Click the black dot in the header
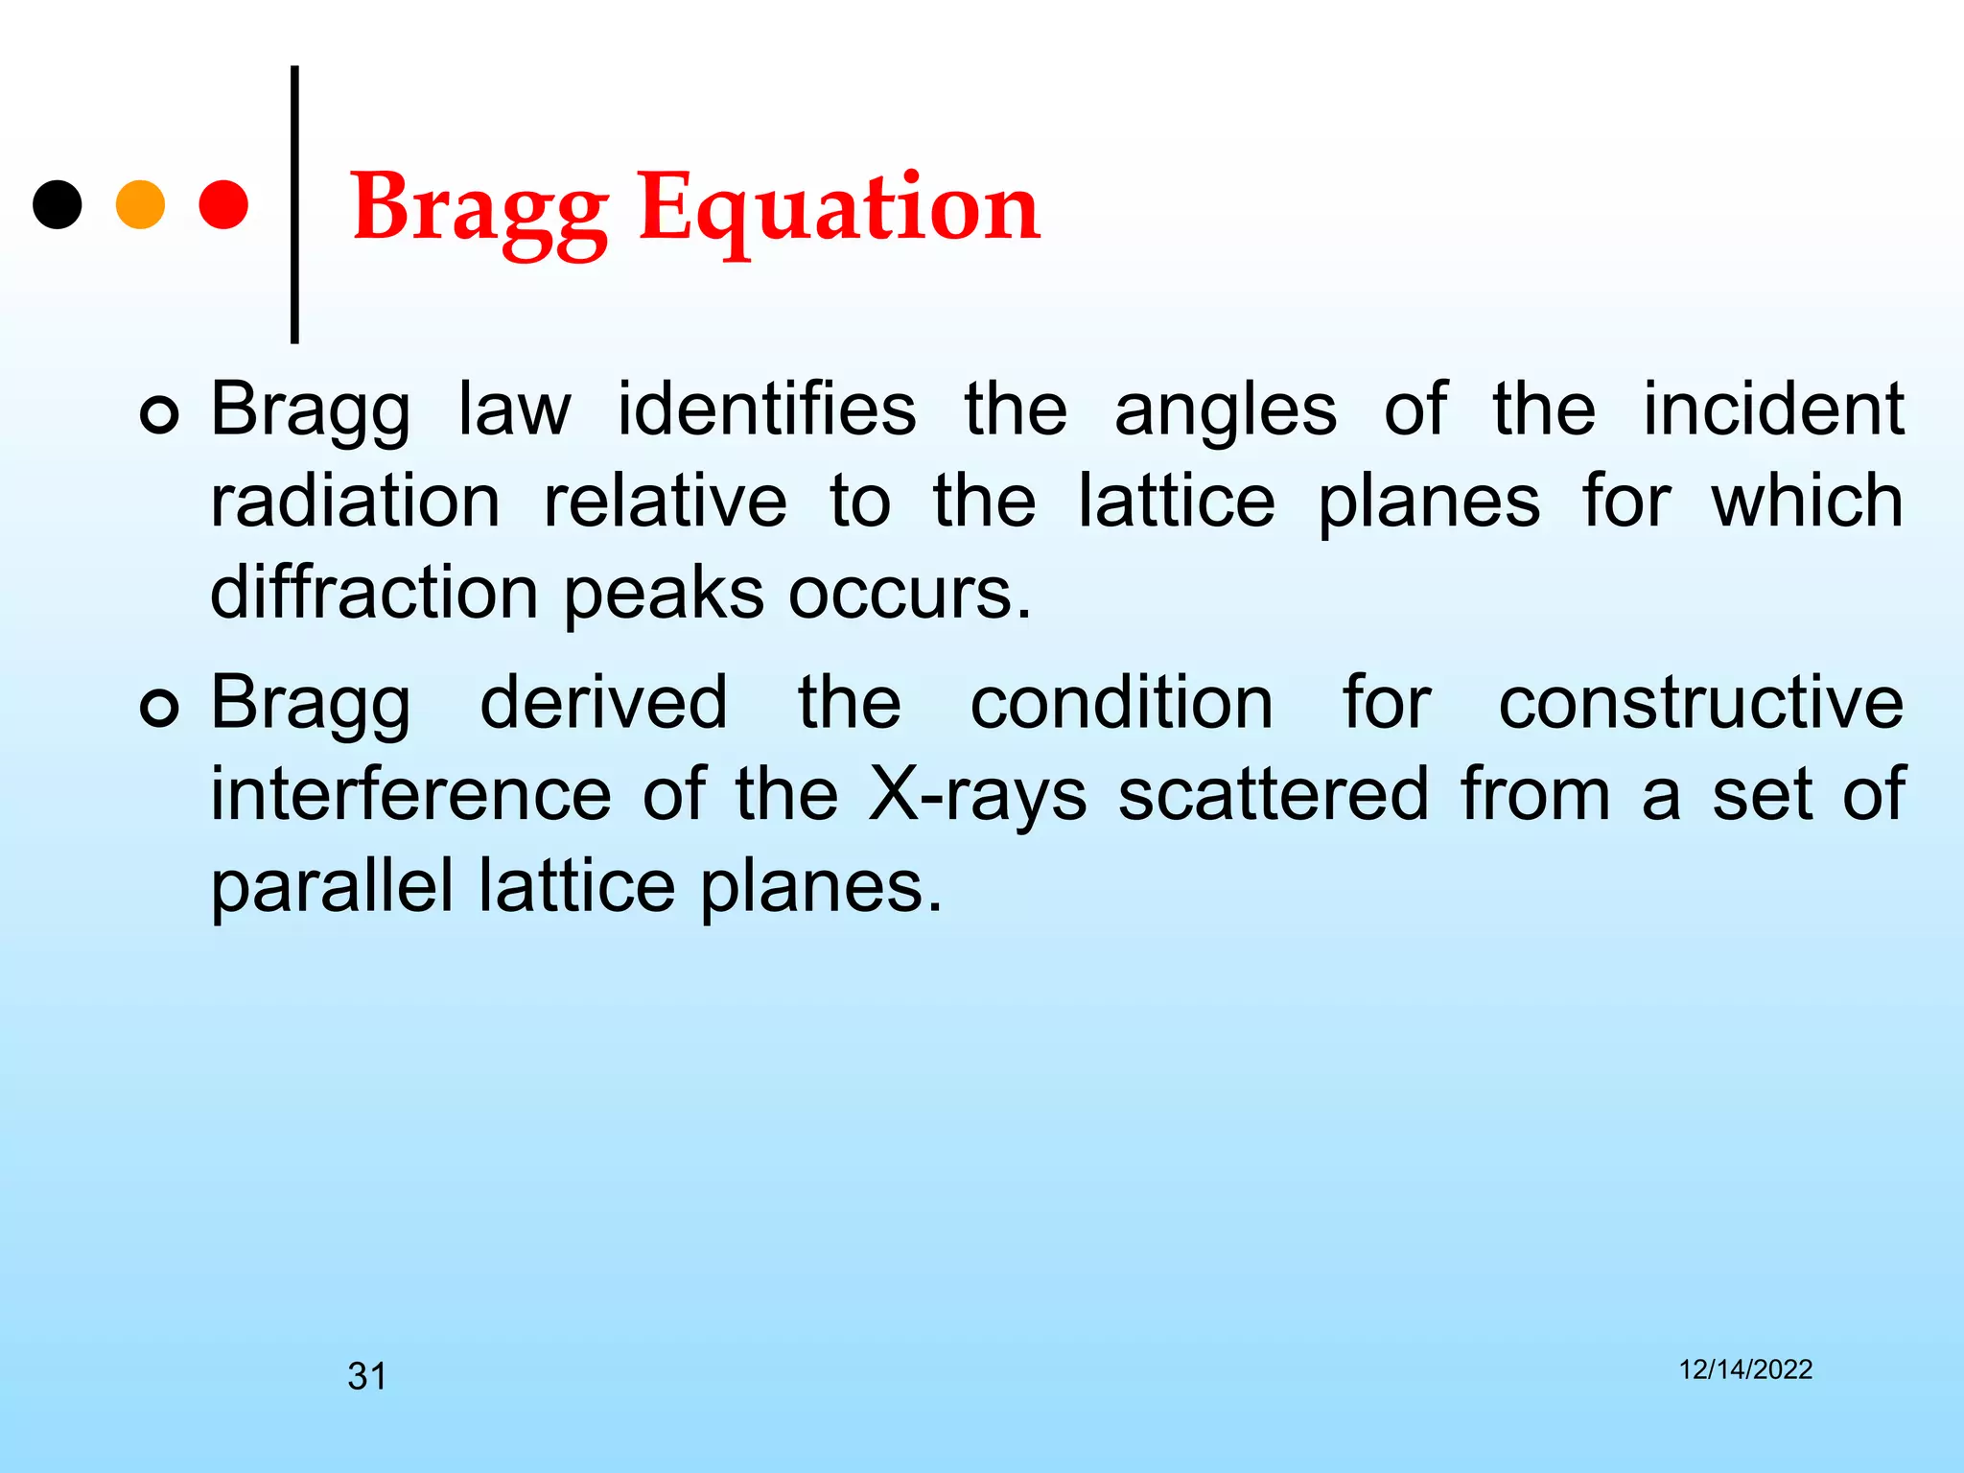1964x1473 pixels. click(58, 204)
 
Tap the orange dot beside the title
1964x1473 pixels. click(140, 204)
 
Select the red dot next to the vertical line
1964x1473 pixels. click(223, 204)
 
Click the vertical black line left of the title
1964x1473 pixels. click(294, 204)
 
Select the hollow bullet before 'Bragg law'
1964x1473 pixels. click(159, 415)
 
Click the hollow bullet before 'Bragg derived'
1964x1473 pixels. click(159, 708)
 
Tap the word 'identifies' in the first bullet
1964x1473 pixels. click(766, 409)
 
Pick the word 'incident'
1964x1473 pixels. click(1773, 409)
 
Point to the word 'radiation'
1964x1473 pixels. click(355, 502)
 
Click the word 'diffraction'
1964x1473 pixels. click(374, 593)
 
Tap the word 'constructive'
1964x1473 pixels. click(1700, 703)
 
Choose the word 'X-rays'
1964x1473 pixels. click(976, 796)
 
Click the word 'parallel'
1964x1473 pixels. click(332, 886)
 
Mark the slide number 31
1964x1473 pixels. click(367, 1376)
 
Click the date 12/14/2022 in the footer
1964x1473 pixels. click(1745, 1369)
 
